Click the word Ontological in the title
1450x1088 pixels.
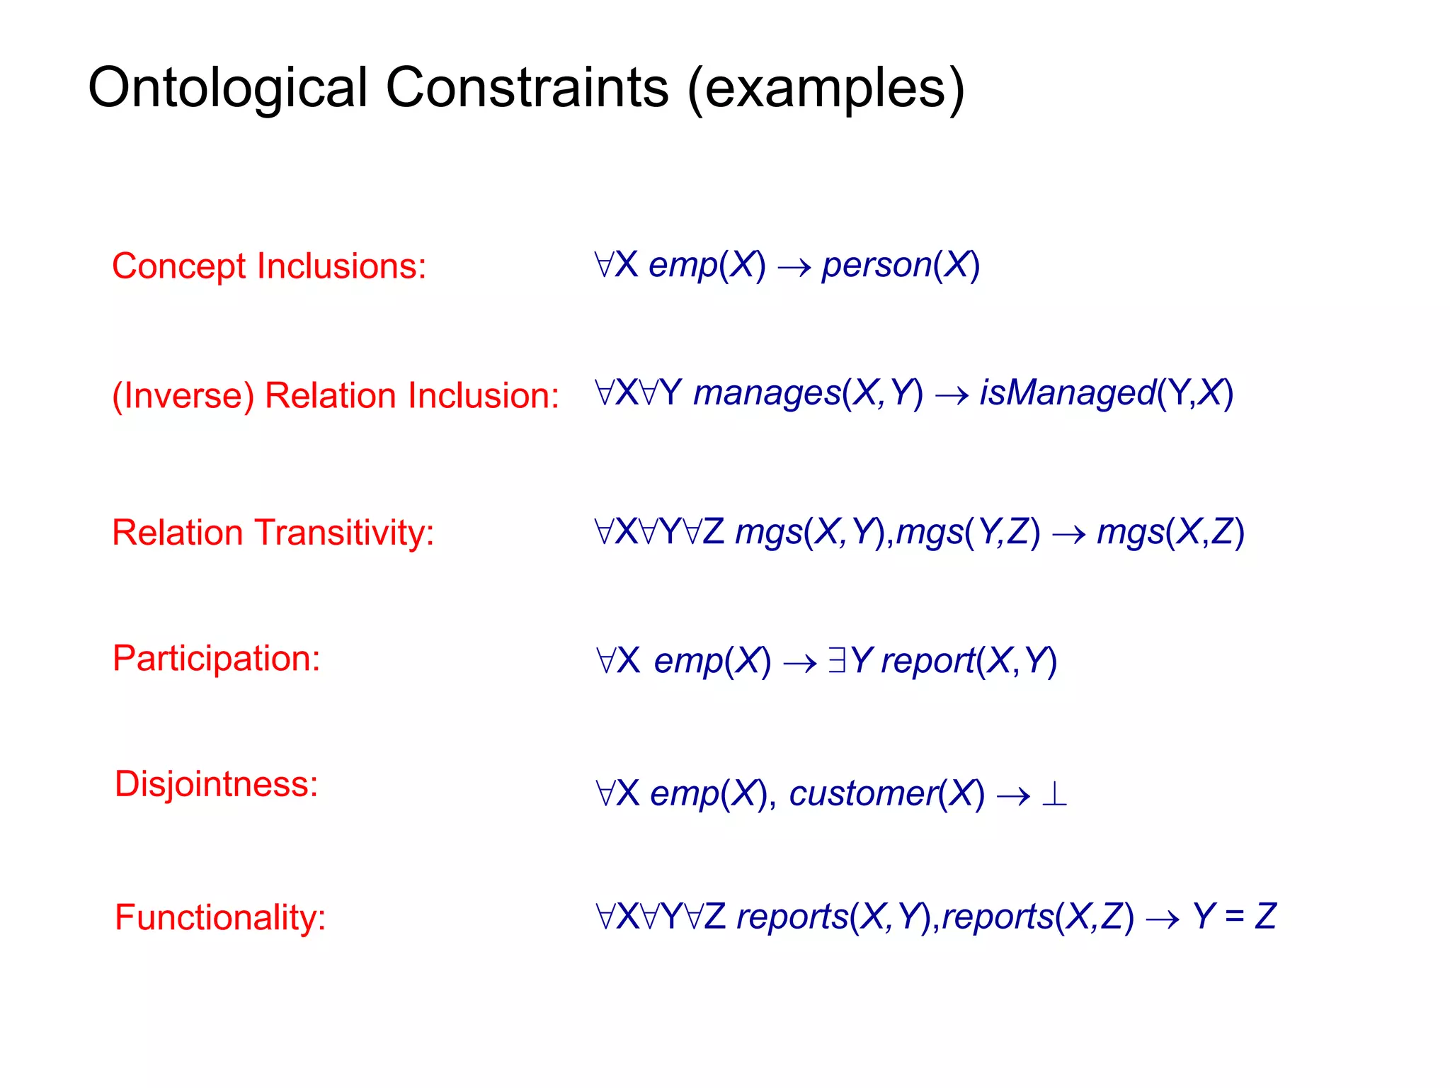point(227,89)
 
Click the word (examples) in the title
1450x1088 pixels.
point(826,89)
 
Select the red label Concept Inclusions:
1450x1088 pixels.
point(269,266)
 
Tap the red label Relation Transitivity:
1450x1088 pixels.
point(273,533)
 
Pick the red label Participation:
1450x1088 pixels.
point(217,658)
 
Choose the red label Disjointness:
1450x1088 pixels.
point(217,784)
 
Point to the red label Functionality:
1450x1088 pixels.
point(220,917)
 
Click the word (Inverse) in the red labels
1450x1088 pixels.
point(183,395)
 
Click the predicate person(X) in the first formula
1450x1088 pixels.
point(900,266)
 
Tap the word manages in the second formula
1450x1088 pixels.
point(767,393)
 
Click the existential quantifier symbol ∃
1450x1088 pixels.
point(836,661)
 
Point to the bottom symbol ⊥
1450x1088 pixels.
point(1054,794)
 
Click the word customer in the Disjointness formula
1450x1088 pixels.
point(863,794)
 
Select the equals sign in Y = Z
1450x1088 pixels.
point(1234,917)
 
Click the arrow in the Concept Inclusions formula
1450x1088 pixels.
point(794,268)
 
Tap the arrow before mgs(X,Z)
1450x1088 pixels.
point(1068,534)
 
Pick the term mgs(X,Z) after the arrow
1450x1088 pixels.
point(1170,533)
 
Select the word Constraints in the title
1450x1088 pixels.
point(527,89)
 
